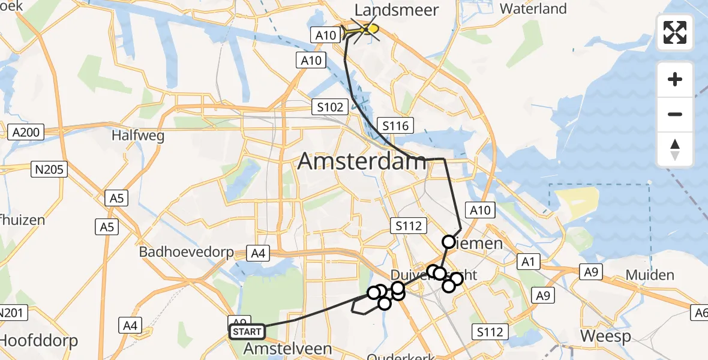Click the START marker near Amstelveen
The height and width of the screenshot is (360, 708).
coord(247,332)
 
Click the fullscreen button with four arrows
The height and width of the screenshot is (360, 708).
coord(675,32)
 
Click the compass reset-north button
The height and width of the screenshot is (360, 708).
coord(675,149)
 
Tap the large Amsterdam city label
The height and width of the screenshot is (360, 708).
coord(362,161)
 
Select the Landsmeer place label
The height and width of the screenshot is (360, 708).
coord(397,10)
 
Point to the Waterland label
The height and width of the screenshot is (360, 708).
coord(533,8)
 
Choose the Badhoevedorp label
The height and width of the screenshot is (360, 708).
coord(187,251)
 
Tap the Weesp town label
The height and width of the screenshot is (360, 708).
coord(605,336)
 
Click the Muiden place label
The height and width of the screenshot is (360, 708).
coord(650,275)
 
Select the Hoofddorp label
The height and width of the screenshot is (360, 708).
coord(39,341)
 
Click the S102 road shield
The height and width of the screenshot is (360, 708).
coord(331,107)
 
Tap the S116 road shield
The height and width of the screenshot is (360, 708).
coord(395,126)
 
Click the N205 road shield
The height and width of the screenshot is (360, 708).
coord(49,170)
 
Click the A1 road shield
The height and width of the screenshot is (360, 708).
coord(528,262)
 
